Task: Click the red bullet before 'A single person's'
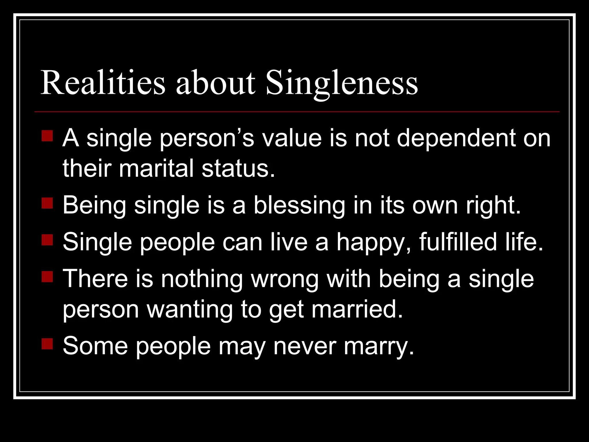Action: point(47,136)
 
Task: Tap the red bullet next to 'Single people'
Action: point(47,240)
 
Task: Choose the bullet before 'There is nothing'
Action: point(47,277)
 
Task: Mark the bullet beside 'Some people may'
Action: point(47,344)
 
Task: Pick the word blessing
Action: point(299,206)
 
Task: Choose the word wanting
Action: point(190,310)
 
